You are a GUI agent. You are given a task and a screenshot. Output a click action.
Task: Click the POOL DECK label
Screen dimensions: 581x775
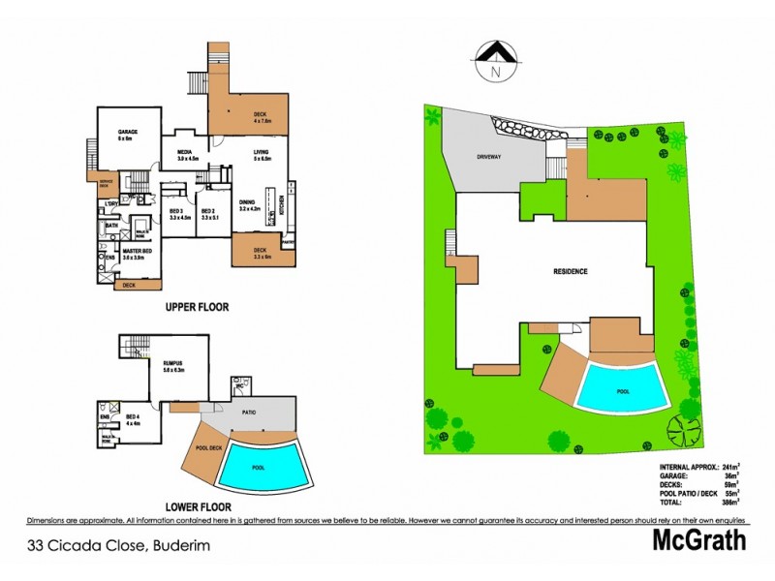point(209,448)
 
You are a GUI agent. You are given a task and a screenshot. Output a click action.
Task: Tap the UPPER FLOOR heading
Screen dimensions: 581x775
point(196,307)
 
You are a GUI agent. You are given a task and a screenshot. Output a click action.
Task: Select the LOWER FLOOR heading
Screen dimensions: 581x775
point(197,505)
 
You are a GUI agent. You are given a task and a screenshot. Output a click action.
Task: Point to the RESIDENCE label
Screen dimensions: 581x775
point(571,271)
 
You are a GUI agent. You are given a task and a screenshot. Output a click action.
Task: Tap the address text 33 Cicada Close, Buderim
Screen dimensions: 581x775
point(118,545)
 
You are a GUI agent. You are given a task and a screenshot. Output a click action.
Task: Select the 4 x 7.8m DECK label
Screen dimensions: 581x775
point(260,116)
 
